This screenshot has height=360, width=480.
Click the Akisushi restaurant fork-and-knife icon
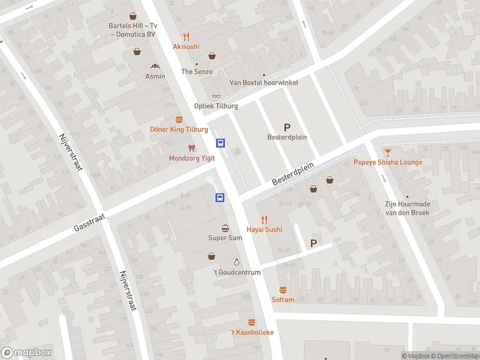(186, 36)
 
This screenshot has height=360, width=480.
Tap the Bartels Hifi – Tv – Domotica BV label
(132, 30)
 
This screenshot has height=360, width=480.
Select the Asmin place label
(155, 76)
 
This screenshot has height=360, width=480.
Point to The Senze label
(196, 71)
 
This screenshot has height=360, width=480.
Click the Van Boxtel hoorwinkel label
(263, 83)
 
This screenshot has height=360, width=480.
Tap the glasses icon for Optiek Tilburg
(216, 96)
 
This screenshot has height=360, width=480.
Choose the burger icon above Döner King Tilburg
(178, 119)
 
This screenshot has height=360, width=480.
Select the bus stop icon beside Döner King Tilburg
(221, 143)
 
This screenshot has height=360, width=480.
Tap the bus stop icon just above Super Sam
(220, 197)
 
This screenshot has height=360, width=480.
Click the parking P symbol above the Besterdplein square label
(287, 127)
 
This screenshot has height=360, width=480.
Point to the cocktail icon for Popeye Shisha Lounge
(388, 152)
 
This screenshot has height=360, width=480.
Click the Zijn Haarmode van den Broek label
(407, 208)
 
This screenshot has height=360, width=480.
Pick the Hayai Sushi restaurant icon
(263, 220)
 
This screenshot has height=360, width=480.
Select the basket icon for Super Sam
(225, 228)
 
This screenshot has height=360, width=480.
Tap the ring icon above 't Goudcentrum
(237, 262)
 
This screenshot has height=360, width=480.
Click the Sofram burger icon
(283, 290)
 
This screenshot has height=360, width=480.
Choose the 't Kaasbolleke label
(252, 332)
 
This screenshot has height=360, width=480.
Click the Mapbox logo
(26, 353)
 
